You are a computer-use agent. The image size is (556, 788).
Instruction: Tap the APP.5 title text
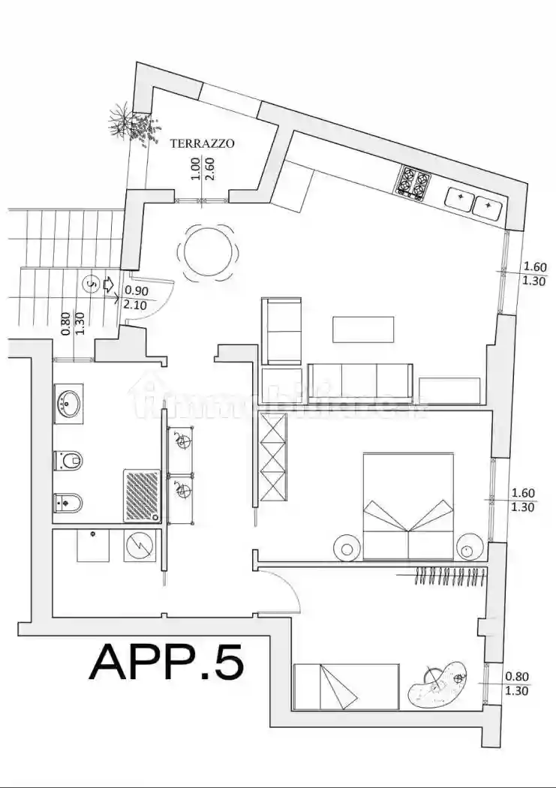coord(167,661)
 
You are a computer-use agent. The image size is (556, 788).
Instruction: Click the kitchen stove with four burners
coord(415,181)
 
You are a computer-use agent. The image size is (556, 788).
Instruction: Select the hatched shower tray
coord(141,495)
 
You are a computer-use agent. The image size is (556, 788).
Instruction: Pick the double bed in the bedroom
coord(408,506)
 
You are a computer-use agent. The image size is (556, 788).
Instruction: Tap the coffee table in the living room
coord(363,329)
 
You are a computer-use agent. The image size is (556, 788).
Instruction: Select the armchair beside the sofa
coord(281,330)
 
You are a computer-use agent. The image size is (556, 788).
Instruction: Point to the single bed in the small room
coord(346,686)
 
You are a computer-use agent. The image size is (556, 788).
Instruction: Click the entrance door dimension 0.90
coord(136,290)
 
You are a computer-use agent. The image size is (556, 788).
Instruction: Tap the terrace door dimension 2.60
coord(209,167)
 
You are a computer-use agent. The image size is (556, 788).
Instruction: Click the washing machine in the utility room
coord(140,545)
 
